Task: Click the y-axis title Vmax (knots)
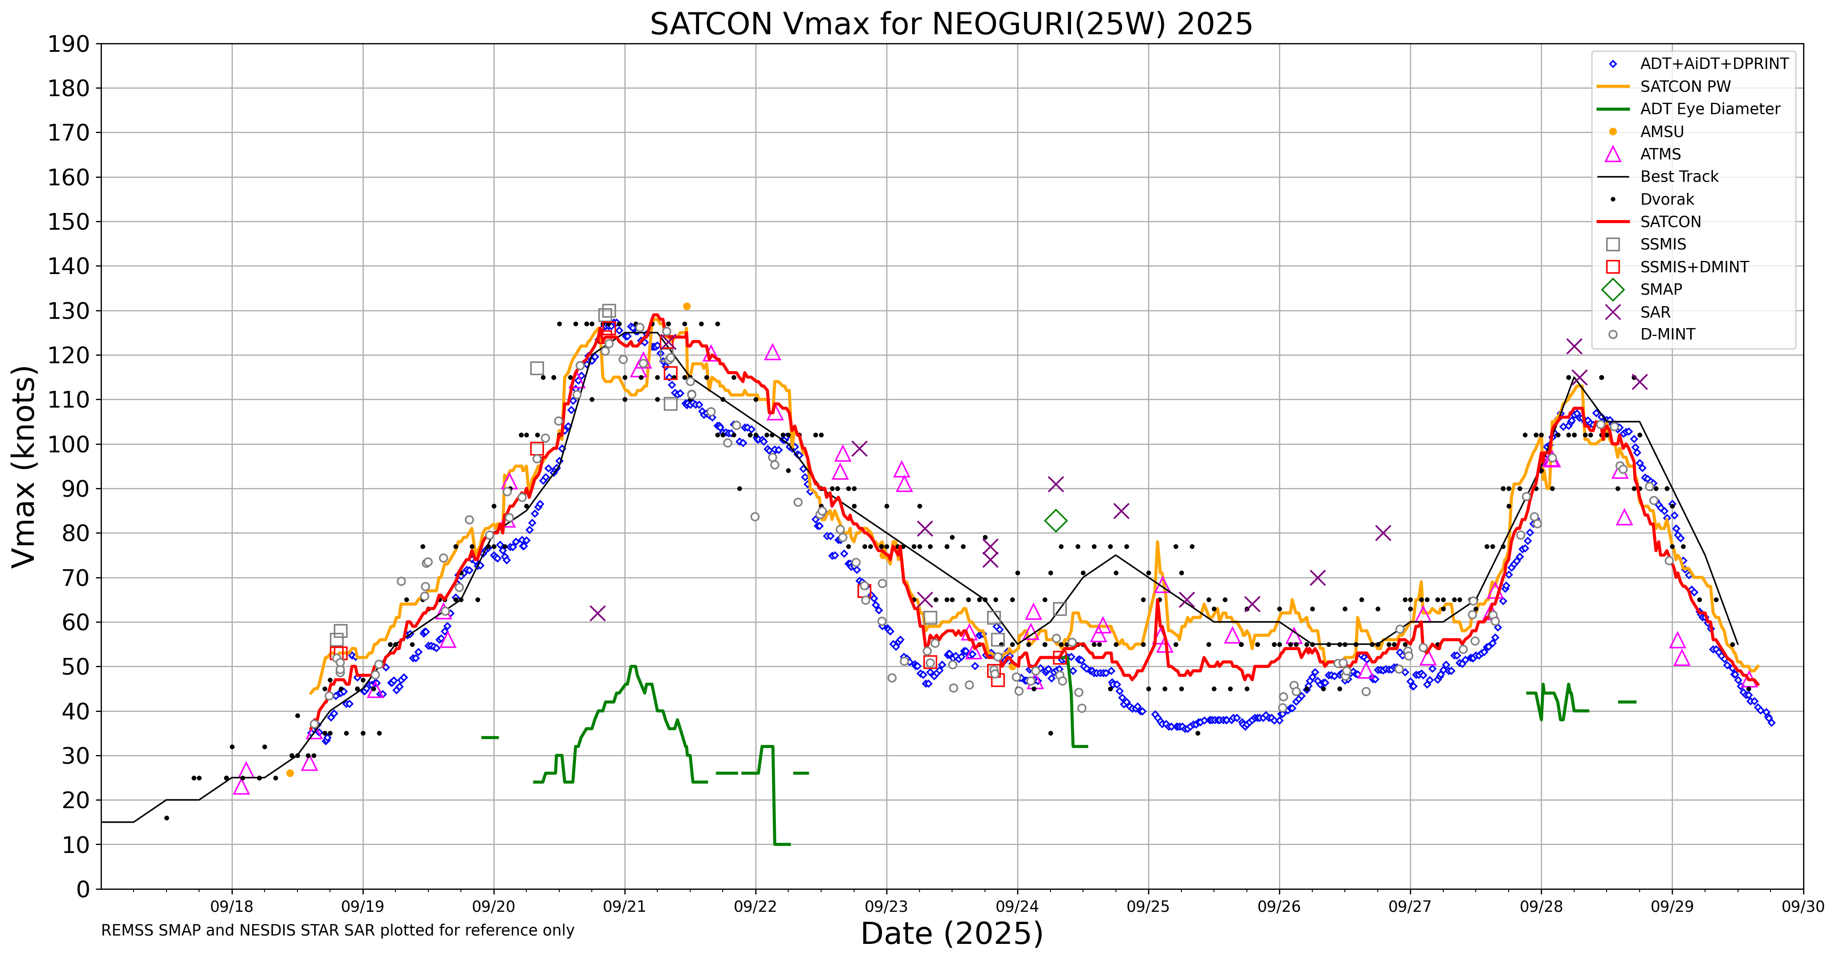point(24,466)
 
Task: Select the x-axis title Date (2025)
point(952,933)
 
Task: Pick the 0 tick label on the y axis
point(83,889)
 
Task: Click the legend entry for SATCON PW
point(1685,86)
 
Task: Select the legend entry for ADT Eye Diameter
point(1709,109)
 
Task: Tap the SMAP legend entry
point(1661,289)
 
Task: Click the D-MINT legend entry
point(1667,334)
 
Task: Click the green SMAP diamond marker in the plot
point(1056,521)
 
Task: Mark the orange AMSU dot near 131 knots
point(686,306)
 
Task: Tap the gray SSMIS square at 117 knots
point(537,369)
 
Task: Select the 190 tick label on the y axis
point(69,44)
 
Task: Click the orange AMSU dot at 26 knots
point(290,773)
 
